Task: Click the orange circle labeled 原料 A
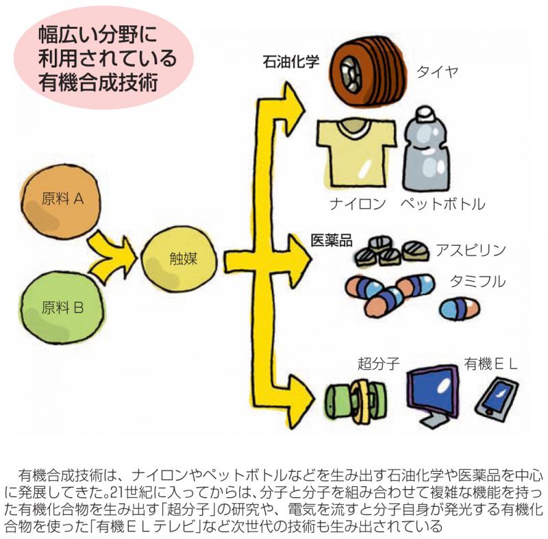click(x=61, y=202)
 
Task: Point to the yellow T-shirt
click(x=356, y=152)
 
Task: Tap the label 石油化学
click(x=290, y=62)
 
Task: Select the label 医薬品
click(x=332, y=240)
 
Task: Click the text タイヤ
click(x=437, y=72)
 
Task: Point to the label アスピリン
click(x=471, y=250)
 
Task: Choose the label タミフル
click(x=477, y=281)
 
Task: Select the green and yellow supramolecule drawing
click(x=356, y=399)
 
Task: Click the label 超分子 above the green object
click(x=379, y=364)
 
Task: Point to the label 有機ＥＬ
click(x=490, y=364)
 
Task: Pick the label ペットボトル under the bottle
click(x=443, y=203)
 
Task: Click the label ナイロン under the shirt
click(x=358, y=203)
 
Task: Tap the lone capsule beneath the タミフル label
click(x=459, y=308)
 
